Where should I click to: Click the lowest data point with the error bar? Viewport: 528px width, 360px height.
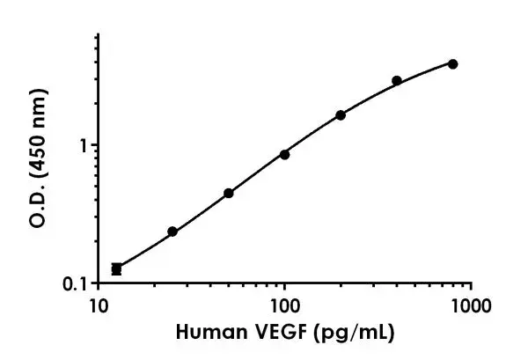coord(116,268)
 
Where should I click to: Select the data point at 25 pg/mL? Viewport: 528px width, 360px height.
coord(172,231)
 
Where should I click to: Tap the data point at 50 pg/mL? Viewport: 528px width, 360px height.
coord(229,193)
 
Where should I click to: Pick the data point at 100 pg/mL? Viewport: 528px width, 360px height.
coord(284,154)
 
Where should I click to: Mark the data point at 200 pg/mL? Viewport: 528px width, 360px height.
coord(341,115)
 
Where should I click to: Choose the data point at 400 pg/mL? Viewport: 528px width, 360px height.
coord(397,80)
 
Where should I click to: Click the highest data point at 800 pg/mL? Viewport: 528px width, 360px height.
coord(452,63)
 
